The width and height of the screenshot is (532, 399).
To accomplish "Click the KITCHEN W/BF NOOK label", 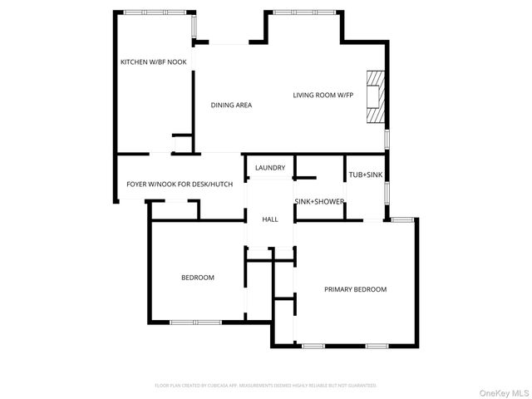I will [154, 62].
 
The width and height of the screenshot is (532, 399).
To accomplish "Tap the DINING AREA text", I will [231, 105].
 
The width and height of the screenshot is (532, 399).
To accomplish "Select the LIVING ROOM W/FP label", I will [323, 95].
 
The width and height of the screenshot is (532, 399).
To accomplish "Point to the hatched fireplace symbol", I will [376, 96].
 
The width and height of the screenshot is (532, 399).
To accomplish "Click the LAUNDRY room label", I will [270, 168].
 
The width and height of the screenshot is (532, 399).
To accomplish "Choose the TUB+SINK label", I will [367, 175].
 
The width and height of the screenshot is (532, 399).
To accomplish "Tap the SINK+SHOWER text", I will [319, 202].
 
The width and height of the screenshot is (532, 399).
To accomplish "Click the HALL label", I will [270, 219].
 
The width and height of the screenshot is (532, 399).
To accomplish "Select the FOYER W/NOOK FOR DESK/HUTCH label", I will [180, 184].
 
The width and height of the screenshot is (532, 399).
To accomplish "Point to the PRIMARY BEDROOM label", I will [356, 289].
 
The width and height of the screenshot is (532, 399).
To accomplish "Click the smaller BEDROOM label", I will [198, 278].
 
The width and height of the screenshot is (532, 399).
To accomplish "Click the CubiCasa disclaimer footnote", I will [266, 386].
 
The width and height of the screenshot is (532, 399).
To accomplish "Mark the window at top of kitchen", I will [153, 12].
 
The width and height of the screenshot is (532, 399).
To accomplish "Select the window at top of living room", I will [303, 12].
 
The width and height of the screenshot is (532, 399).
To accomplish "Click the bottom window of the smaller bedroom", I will [195, 322].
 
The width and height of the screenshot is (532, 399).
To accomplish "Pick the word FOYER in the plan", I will [137, 184].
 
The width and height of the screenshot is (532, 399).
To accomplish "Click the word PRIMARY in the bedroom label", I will [338, 289].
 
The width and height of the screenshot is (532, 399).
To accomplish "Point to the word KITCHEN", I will [135, 62].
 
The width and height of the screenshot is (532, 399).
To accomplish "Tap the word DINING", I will [222, 105].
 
